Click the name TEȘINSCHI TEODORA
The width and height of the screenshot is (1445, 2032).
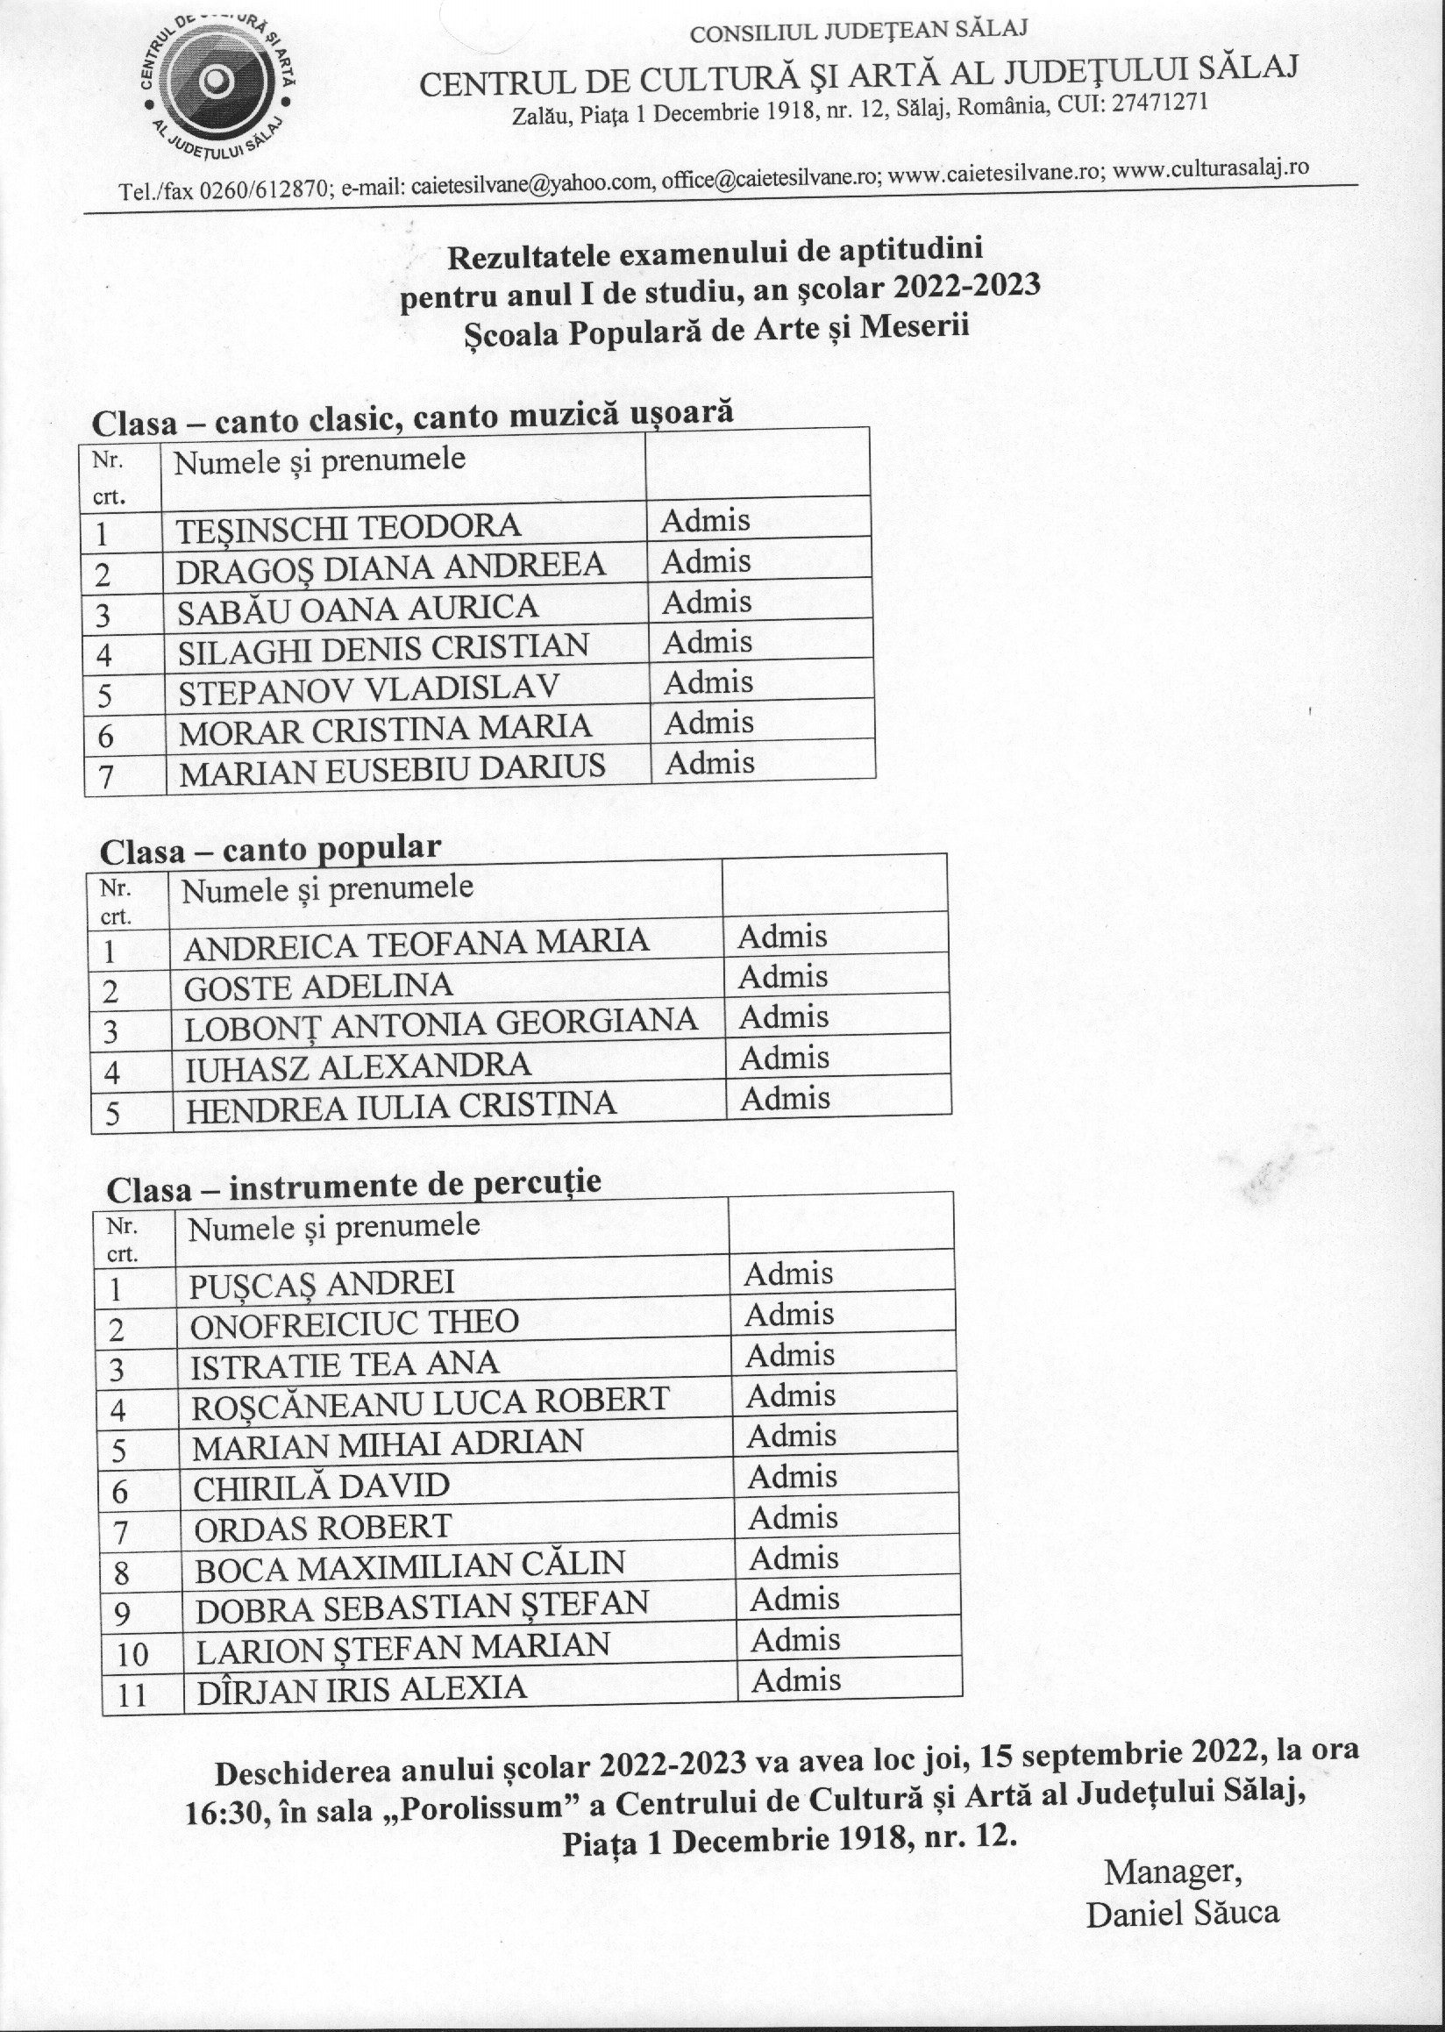click(348, 526)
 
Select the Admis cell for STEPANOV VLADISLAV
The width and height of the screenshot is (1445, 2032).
click(708, 682)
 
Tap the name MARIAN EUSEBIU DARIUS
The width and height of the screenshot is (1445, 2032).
click(392, 769)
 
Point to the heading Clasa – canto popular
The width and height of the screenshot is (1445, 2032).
click(269, 849)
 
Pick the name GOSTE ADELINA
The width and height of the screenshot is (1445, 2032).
click(317, 987)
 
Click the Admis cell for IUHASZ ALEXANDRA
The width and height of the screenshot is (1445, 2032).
click(783, 1059)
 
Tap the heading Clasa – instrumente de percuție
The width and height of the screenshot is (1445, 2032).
click(353, 1186)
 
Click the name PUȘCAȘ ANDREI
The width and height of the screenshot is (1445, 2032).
click(321, 1282)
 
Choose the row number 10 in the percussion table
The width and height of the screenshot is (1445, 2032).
click(132, 1654)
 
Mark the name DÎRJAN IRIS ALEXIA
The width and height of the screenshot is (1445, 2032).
click(360, 1688)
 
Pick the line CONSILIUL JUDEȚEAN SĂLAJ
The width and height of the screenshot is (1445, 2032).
click(858, 32)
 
